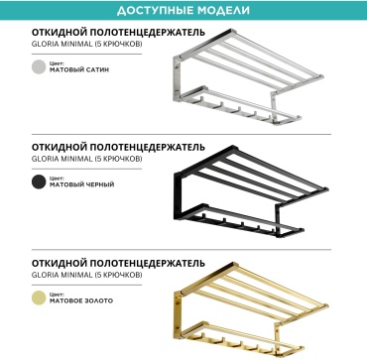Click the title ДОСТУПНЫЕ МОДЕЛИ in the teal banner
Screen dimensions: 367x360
183,10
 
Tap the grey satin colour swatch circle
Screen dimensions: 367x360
39,66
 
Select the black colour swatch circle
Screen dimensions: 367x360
39,181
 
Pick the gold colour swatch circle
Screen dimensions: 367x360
39,298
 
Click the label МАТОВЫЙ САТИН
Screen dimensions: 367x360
79,69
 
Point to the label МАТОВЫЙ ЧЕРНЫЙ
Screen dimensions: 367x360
82,184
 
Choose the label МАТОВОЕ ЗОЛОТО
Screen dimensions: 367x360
81,300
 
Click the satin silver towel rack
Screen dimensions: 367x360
248,77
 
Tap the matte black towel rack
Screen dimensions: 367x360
251,191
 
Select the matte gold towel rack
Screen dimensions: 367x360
252,309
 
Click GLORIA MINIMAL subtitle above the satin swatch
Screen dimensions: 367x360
87,45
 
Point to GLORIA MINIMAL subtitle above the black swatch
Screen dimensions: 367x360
87,159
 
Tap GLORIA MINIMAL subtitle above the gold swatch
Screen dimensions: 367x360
87,275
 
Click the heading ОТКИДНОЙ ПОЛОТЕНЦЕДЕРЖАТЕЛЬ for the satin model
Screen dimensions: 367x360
118,33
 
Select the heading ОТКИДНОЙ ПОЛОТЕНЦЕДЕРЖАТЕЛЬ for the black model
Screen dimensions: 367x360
118,147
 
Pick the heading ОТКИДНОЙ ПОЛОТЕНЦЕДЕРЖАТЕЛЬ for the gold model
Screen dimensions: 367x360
118,263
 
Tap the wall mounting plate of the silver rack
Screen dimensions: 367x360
177,78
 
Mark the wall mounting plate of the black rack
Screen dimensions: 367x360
178,195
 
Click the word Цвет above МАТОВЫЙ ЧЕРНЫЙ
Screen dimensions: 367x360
55,179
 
